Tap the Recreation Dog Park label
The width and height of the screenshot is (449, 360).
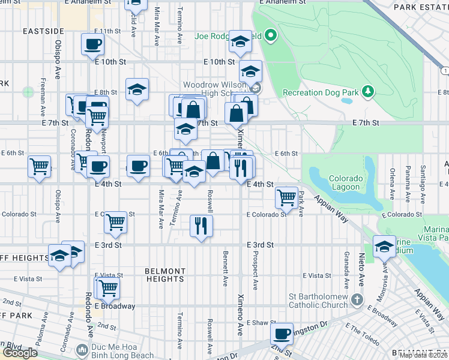pos(320,92)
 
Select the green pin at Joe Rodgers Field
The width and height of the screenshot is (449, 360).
pos(270,36)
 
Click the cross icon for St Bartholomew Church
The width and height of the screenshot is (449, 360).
pos(357,299)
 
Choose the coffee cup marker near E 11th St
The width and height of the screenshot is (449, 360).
pos(92,44)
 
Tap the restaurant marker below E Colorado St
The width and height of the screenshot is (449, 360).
pos(200,226)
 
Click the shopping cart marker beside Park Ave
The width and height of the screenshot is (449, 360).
pos(287,197)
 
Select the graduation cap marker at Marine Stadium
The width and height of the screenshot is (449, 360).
pos(384,246)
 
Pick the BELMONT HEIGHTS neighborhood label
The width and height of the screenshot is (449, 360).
pos(164,275)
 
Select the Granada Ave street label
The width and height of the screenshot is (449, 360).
pos(346,269)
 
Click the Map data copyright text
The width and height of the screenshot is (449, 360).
pos(423,355)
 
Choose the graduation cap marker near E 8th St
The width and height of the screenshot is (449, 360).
pos(137,90)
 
